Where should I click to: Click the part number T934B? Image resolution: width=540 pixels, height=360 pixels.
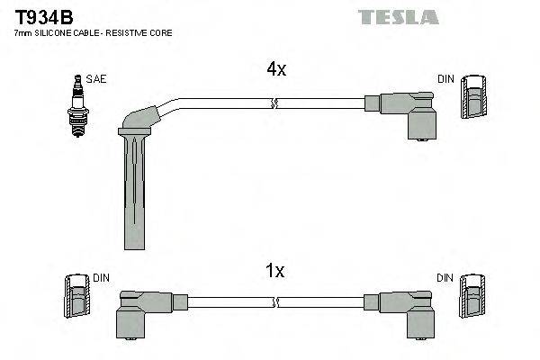click(x=43, y=15)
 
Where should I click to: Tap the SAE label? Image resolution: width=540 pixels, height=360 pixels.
click(x=96, y=79)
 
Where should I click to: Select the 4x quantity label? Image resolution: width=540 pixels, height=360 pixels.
click(x=275, y=69)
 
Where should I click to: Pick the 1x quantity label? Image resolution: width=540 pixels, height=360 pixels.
click(x=275, y=271)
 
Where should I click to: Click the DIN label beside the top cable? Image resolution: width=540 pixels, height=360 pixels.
click(x=445, y=79)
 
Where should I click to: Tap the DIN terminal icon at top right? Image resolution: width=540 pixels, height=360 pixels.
click(x=474, y=97)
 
